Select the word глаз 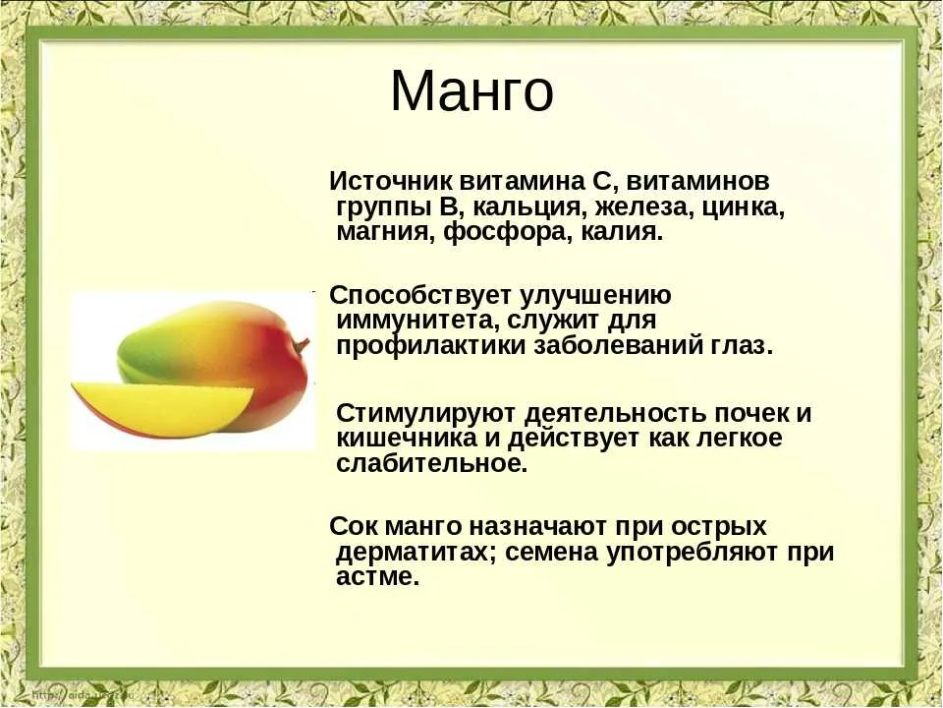[740, 347]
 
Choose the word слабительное [432, 463]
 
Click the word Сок [353, 526]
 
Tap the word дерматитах [416, 552]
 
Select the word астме [377, 577]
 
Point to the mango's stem [302, 345]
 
